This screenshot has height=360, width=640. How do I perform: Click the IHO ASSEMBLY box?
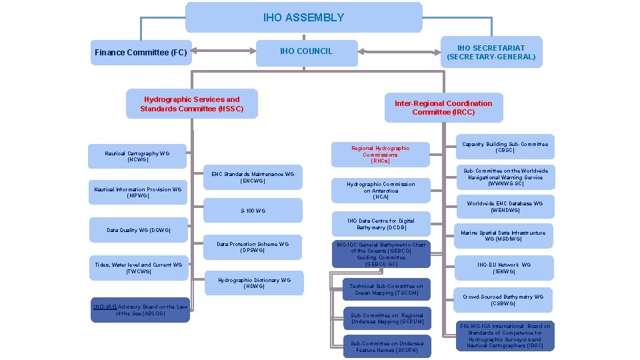[303, 17]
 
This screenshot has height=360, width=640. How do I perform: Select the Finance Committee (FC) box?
[141, 52]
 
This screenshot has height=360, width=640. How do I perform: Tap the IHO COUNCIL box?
[306, 51]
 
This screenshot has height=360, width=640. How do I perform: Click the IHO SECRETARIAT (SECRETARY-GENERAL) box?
[491, 52]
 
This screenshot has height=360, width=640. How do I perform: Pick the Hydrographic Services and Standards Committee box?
[192, 104]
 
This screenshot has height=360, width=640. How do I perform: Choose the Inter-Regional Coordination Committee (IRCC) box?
[443, 107]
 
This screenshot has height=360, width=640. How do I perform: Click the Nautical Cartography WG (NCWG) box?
[137, 157]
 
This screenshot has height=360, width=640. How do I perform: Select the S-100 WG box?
[253, 211]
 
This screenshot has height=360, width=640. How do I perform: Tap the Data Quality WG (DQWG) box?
[139, 230]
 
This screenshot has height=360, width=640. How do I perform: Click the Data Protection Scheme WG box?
[252, 247]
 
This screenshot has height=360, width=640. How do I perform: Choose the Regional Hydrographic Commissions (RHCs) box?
[380, 155]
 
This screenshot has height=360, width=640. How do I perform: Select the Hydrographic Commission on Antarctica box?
[380, 190]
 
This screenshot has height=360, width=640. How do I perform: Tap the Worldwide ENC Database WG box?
[505, 207]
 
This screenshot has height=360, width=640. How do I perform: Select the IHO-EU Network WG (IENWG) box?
[504, 268]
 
